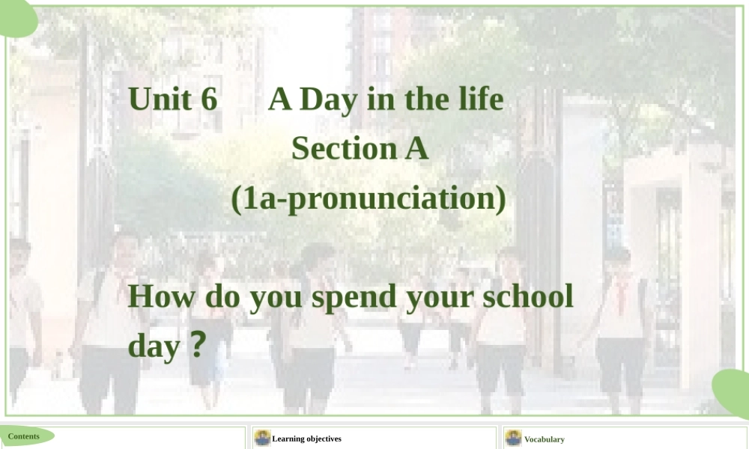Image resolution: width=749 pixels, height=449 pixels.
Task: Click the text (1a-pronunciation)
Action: coord(368,198)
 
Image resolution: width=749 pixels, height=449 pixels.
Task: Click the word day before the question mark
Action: coord(154,346)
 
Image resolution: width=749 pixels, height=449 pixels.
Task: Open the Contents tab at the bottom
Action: coord(25,436)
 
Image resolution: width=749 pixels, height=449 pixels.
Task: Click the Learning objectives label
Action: coord(306,439)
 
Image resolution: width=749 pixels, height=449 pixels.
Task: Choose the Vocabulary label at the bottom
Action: coord(544,439)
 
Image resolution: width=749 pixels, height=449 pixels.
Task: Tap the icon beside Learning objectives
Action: coord(262,438)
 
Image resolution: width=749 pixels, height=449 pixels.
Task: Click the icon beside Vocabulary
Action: coord(513,438)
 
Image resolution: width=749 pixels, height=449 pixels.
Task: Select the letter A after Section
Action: coord(416,148)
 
